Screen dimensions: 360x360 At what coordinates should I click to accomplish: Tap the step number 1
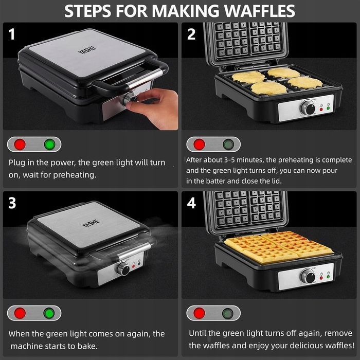[11, 34]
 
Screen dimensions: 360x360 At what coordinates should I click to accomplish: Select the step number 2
[191, 34]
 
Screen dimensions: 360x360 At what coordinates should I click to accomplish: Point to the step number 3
[12, 203]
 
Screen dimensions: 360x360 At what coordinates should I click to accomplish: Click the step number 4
[191, 203]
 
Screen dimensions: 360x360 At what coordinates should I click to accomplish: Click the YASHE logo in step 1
[87, 49]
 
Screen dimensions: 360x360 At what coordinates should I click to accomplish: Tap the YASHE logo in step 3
[91, 223]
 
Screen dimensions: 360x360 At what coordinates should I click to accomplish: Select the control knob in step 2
[308, 107]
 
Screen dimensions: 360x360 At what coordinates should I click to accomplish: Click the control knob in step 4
[308, 276]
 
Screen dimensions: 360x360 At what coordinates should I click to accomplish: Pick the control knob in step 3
[123, 268]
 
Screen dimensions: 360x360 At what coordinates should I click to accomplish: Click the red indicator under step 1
[20, 145]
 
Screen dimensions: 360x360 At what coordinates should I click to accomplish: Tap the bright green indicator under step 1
[49, 145]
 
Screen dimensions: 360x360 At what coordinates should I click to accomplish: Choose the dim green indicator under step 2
[228, 145]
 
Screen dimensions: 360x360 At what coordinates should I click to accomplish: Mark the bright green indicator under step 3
[49, 313]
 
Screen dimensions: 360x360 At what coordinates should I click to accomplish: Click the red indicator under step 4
[199, 313]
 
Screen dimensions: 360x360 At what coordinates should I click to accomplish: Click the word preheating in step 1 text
[75, 175]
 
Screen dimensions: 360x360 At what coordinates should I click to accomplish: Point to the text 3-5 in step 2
[229, 160]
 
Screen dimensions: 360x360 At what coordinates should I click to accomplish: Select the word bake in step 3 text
[87, 346]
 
